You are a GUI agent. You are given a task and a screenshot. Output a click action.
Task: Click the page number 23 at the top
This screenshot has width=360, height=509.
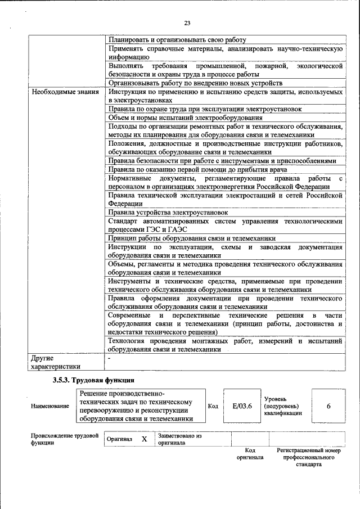click(187, 23)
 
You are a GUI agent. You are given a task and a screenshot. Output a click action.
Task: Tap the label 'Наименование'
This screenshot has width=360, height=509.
click(50, 406)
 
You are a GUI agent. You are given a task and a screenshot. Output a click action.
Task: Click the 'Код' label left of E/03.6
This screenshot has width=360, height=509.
click(213, 406)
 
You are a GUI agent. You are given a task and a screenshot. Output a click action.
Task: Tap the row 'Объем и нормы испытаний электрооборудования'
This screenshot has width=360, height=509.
click(185, 118)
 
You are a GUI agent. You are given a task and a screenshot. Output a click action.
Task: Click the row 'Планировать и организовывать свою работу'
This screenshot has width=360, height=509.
click(178, 40)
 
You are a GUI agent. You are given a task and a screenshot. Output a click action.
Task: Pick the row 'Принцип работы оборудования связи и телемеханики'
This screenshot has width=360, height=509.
click(192, 238)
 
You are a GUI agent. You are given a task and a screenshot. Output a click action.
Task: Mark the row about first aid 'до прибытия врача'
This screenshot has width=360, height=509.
click(197, 169)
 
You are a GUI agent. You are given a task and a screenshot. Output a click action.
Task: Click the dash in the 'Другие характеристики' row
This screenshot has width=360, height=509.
click(109, 357)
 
